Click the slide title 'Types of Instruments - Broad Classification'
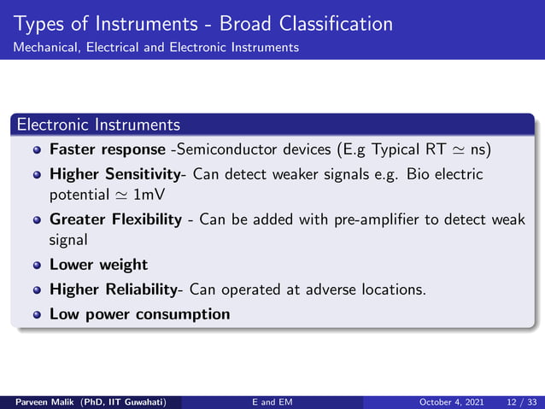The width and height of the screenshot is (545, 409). point(203,23)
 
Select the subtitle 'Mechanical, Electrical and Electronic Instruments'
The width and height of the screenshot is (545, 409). point(155,47)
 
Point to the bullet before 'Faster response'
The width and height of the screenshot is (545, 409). point(37,149)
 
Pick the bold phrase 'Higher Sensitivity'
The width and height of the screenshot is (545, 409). point(118,174)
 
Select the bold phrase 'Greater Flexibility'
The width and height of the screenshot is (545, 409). point(115,220)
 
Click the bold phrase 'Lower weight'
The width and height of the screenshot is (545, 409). point(98,265)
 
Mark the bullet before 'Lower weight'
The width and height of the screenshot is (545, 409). point(37,265)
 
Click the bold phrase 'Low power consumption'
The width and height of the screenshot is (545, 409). point(139,313)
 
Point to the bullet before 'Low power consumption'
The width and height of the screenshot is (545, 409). point(37,314)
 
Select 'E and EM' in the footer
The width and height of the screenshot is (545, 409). point(272,402)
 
